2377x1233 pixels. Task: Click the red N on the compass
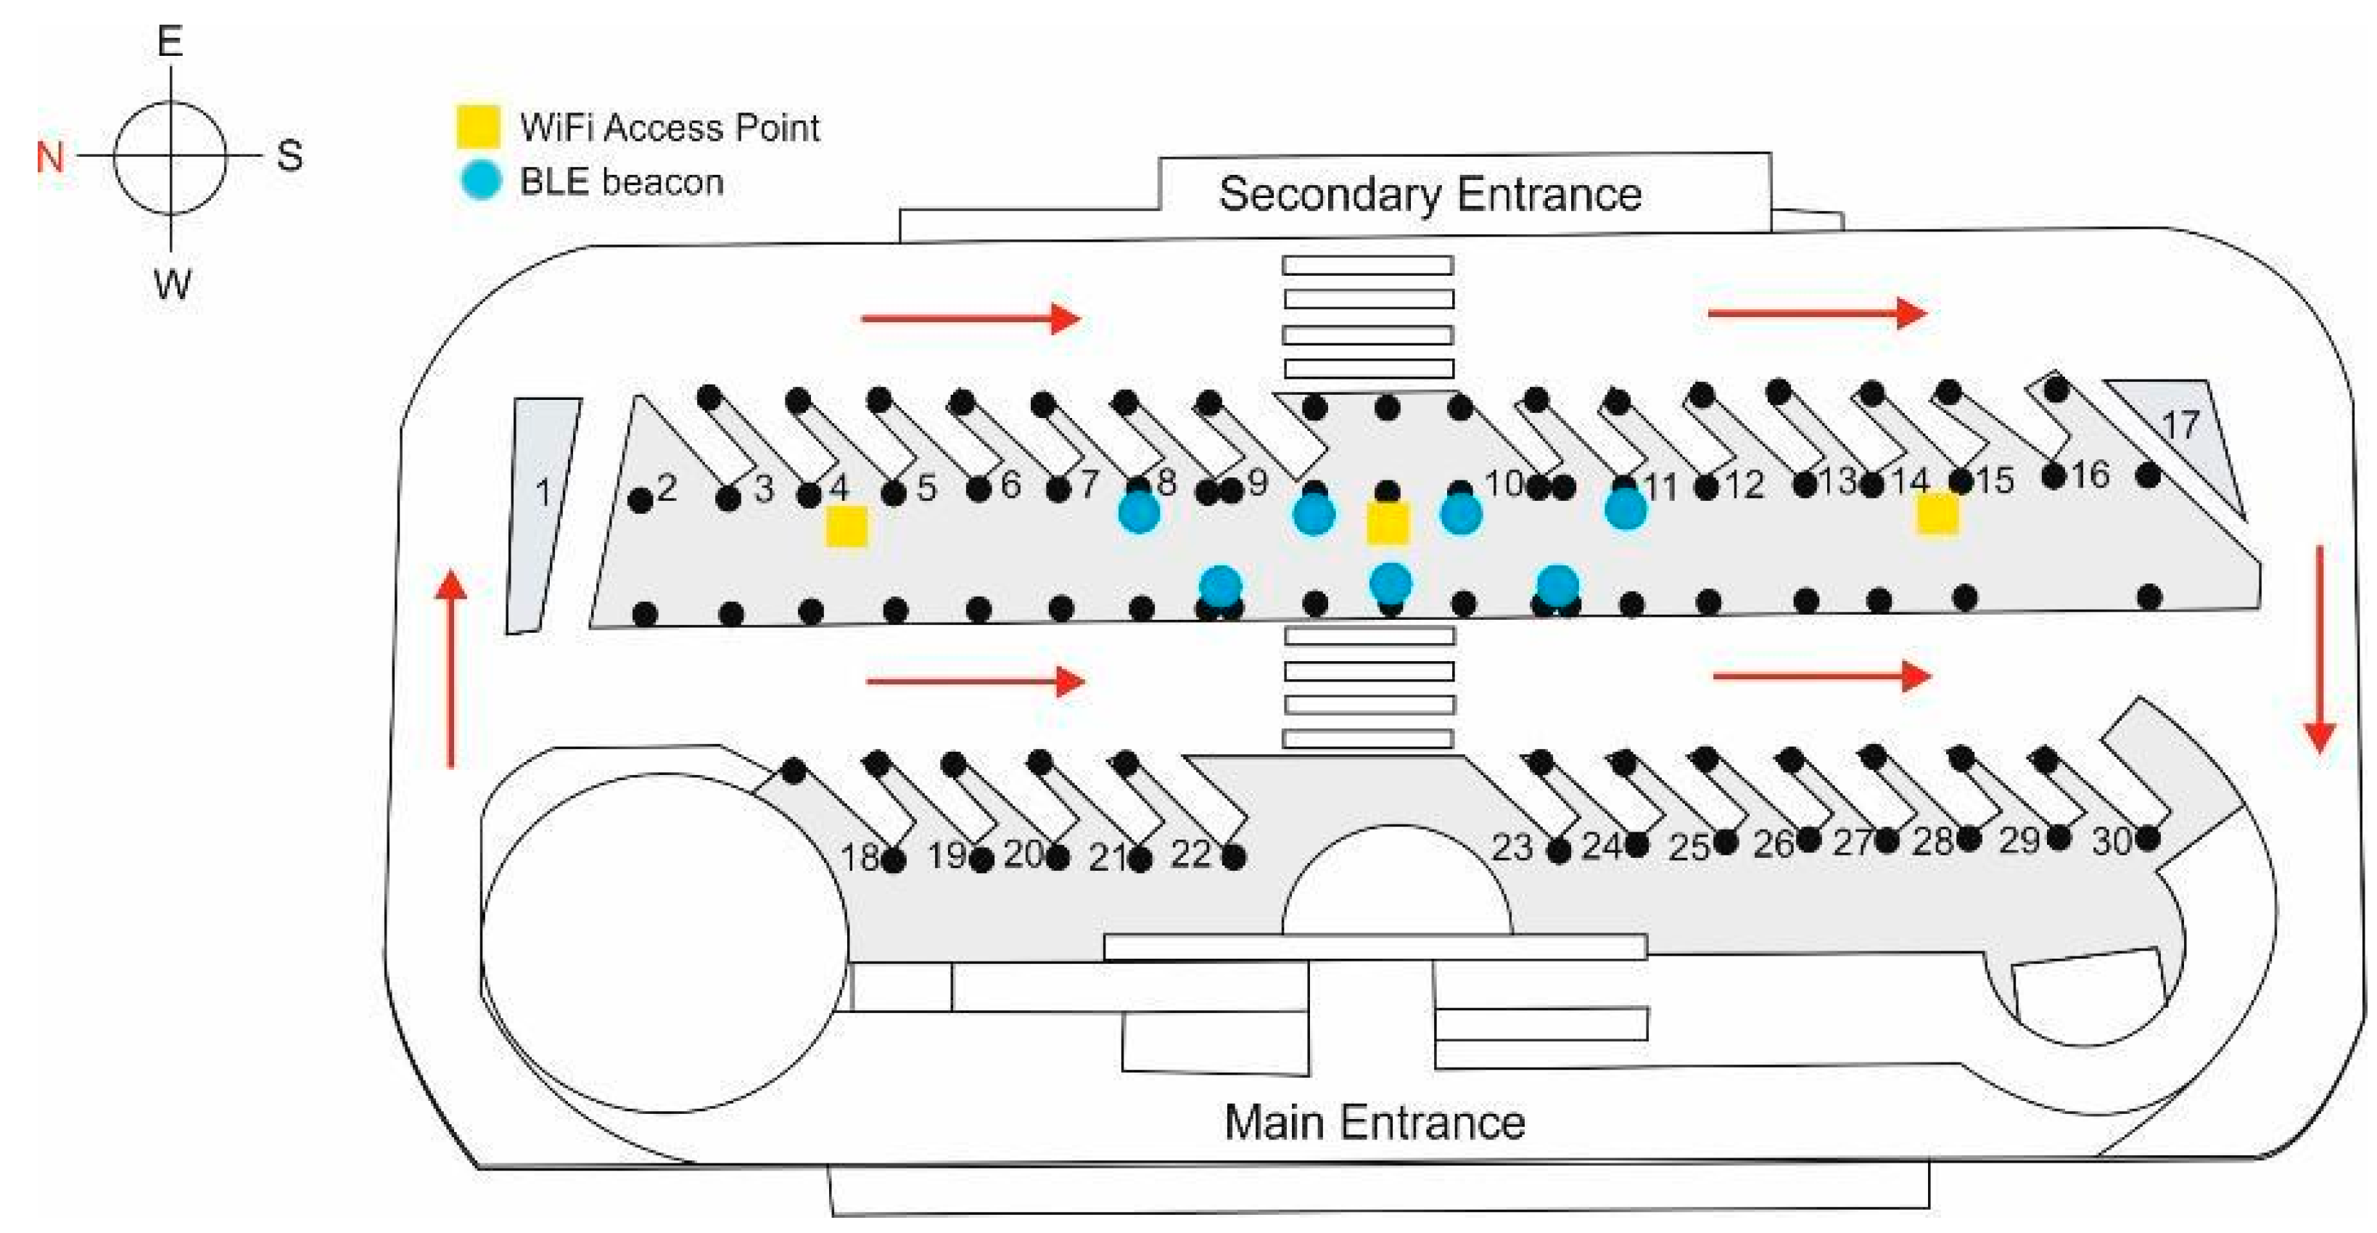tap(50, 157)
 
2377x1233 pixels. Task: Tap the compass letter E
tap(170, 41)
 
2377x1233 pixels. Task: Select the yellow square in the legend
tap(478, 126)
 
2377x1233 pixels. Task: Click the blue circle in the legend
tap(480, 180)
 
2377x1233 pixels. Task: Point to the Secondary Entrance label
tap(1430, 194)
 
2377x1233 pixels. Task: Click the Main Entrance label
tap(1374, 1122)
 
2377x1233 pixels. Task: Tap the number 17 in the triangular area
tap(2180, 425)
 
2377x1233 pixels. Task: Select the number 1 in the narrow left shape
tap(543, 493)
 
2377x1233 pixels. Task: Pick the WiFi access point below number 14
tap(1937, 513)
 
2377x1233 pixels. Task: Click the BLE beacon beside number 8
tap(1139, 512)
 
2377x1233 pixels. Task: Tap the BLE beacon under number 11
tap(1625, 509)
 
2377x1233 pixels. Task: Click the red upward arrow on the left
tap(450, 669)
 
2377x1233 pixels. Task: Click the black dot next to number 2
tap(640, 500)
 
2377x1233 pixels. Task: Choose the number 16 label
tap(2090, 475)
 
